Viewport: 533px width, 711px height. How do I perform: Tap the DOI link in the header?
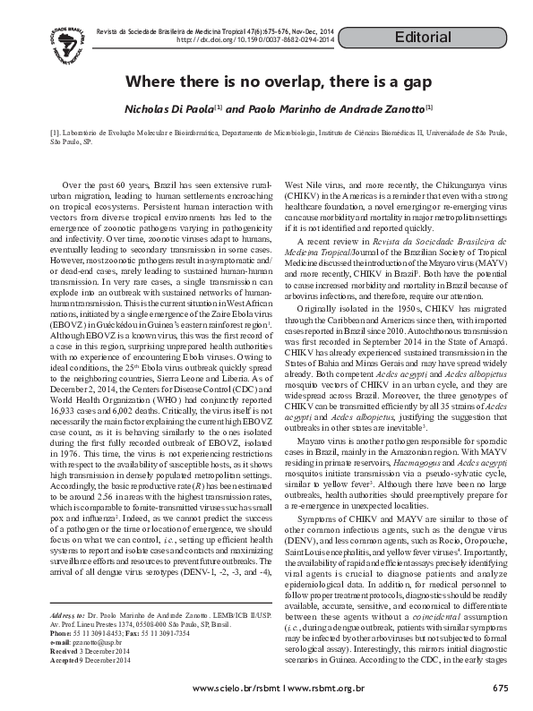[255, 40]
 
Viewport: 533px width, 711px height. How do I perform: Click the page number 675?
[501, 688]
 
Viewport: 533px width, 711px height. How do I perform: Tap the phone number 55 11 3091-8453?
[99, 610]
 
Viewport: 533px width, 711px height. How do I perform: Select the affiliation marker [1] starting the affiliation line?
[55, 133]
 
